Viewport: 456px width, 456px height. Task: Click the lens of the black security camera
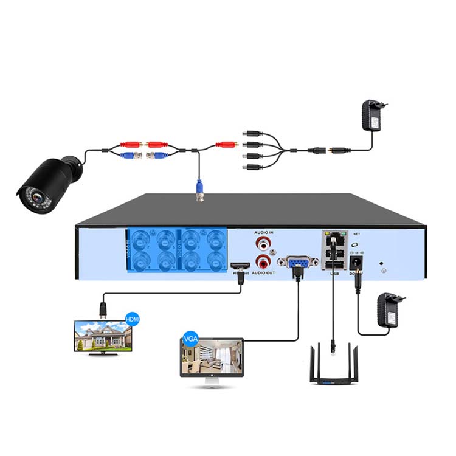[x=38, y=199]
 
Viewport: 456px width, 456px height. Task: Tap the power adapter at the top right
[x=373, y=116]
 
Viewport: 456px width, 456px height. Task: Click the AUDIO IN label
[x=263, y=233]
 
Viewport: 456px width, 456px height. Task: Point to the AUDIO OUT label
[x=263, y=275]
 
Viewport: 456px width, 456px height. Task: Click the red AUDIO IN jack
[x=263, y=246]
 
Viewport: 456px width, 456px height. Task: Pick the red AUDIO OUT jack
[x=263, y=263]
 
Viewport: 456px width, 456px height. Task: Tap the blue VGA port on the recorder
[x=297, y=263]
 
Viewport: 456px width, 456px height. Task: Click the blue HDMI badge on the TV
[x=132, y=318]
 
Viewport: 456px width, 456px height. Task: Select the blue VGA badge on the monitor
[x=188, y=337]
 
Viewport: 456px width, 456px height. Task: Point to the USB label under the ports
[x=333, y=274]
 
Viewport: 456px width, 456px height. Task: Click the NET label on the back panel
[x=356, y=233]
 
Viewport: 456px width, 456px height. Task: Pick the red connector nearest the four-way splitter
[x=226, y=145]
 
